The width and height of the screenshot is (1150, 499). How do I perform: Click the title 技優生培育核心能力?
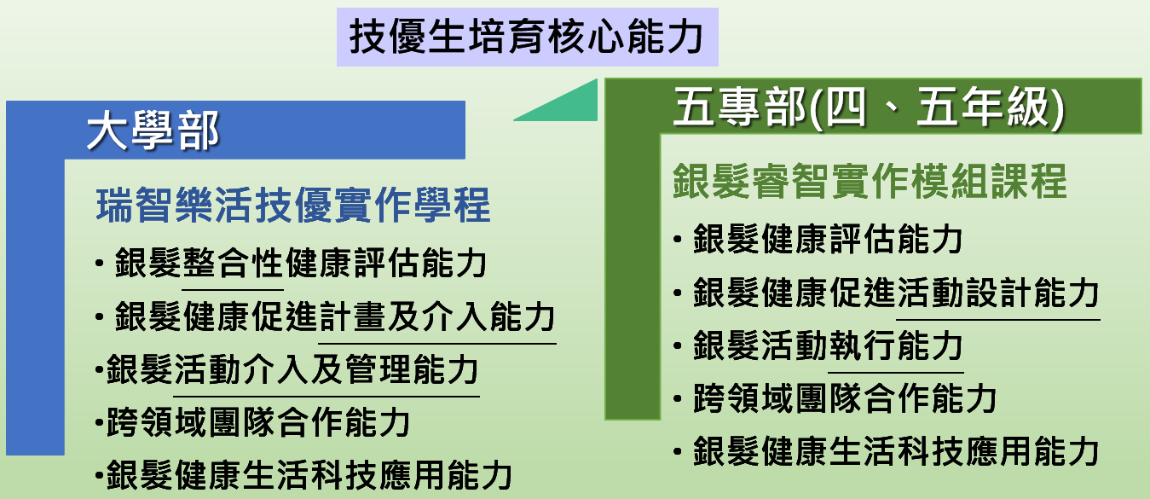526,37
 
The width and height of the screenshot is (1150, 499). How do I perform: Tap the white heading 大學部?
153,131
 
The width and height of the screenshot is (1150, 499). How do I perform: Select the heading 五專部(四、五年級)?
868,107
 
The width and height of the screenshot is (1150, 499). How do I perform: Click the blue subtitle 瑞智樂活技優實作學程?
293,205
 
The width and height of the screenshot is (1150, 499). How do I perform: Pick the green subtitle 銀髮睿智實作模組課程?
870,181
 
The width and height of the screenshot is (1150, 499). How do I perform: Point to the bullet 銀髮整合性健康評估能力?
301,263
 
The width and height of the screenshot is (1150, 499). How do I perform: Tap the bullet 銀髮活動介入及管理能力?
292,369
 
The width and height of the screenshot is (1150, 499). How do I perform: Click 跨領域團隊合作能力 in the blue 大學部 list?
258,422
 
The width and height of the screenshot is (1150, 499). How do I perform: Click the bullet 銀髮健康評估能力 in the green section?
828,239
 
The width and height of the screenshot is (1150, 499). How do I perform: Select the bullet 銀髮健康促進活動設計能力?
896,293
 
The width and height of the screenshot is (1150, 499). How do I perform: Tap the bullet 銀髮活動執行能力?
828,345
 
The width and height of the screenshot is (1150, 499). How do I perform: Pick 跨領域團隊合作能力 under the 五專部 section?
845,398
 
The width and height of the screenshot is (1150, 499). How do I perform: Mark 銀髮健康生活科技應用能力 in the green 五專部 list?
896,451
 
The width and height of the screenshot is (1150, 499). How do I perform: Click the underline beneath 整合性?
233,290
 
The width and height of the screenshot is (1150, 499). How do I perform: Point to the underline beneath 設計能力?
998,320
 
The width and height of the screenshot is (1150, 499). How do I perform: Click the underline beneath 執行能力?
896,373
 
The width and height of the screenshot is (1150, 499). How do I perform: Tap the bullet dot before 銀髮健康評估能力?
678,240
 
